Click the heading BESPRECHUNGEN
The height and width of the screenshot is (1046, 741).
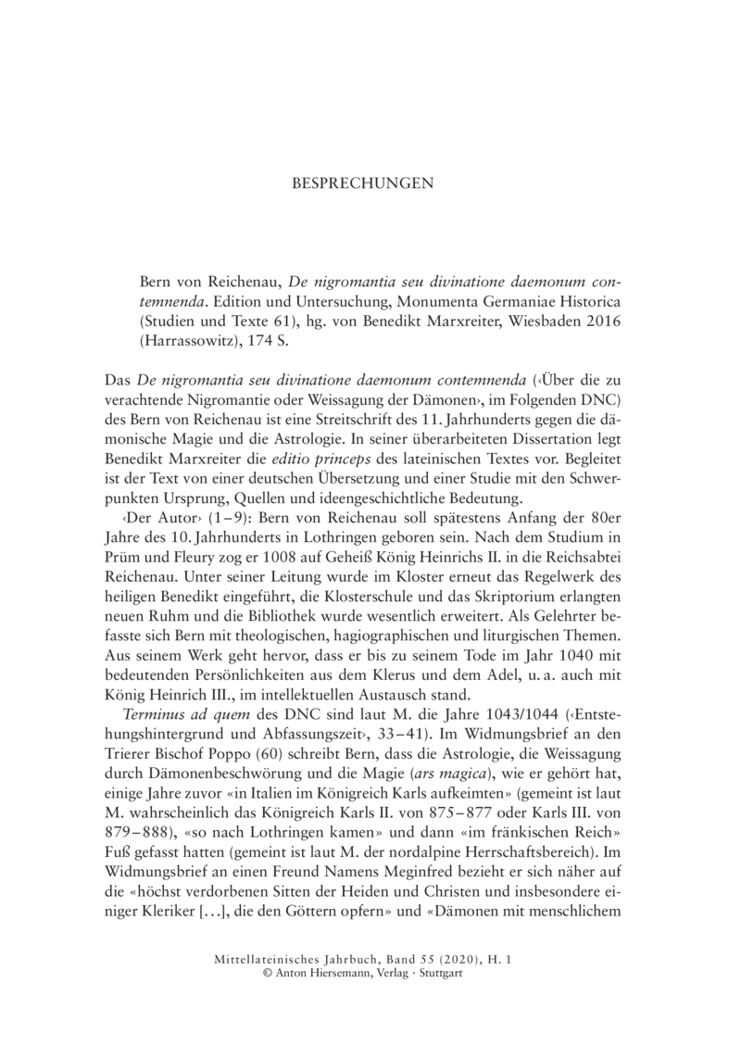tap(370, 183)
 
